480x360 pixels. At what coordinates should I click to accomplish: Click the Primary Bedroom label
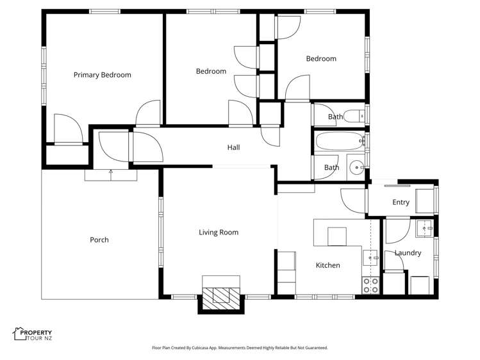point(102,75)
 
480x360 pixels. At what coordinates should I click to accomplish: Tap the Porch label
point(99,240)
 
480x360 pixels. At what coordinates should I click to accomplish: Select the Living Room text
point(218,233)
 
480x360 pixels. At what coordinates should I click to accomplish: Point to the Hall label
point(233,147)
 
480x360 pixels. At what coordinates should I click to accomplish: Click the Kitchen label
point(327,265)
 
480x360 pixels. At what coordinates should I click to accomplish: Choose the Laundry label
point(408,253)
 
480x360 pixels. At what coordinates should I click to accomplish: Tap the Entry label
point(401,202)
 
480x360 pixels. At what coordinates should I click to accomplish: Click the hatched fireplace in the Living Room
point(221,296)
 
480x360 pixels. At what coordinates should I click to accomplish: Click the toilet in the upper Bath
point(352,116)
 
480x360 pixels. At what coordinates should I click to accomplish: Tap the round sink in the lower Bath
point(356,168)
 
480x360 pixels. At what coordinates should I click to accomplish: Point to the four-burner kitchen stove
point(370,285)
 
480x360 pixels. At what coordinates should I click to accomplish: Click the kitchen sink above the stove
point(370,259)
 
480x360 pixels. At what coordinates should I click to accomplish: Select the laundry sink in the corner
point(424,227)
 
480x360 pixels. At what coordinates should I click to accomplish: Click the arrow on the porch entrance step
point(111,172)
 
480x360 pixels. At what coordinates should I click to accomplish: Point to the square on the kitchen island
point(336,236)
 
